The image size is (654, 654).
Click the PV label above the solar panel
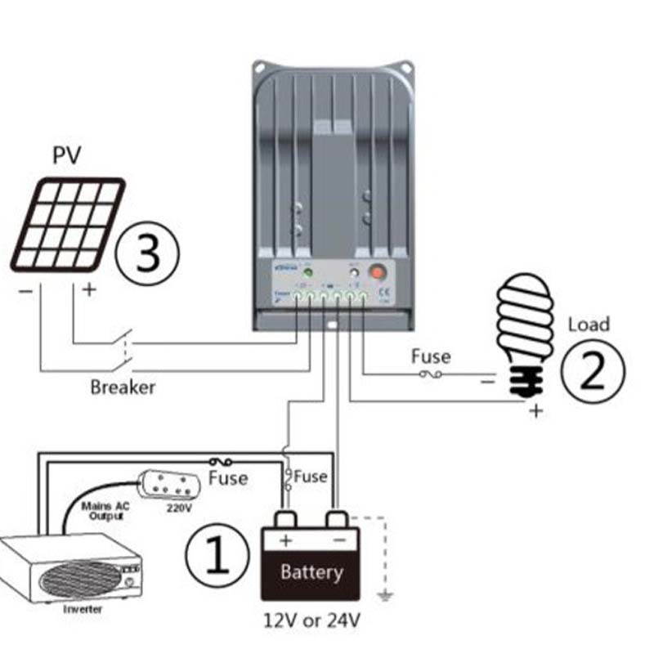tap(68, 155)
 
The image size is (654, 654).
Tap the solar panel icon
tap(68, 225)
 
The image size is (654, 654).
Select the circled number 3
tap(146, 255)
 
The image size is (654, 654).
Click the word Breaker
tap(123, 386)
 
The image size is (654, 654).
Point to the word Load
tap(589, 324)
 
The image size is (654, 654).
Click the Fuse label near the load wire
tap(430, 356)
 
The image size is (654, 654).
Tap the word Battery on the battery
tap(311, 571)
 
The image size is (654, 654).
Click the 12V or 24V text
tap(311, 620)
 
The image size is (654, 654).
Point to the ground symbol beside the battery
tap(385, 594)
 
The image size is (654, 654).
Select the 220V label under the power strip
tap(177, 507)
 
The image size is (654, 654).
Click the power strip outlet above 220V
tap(169, 483)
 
